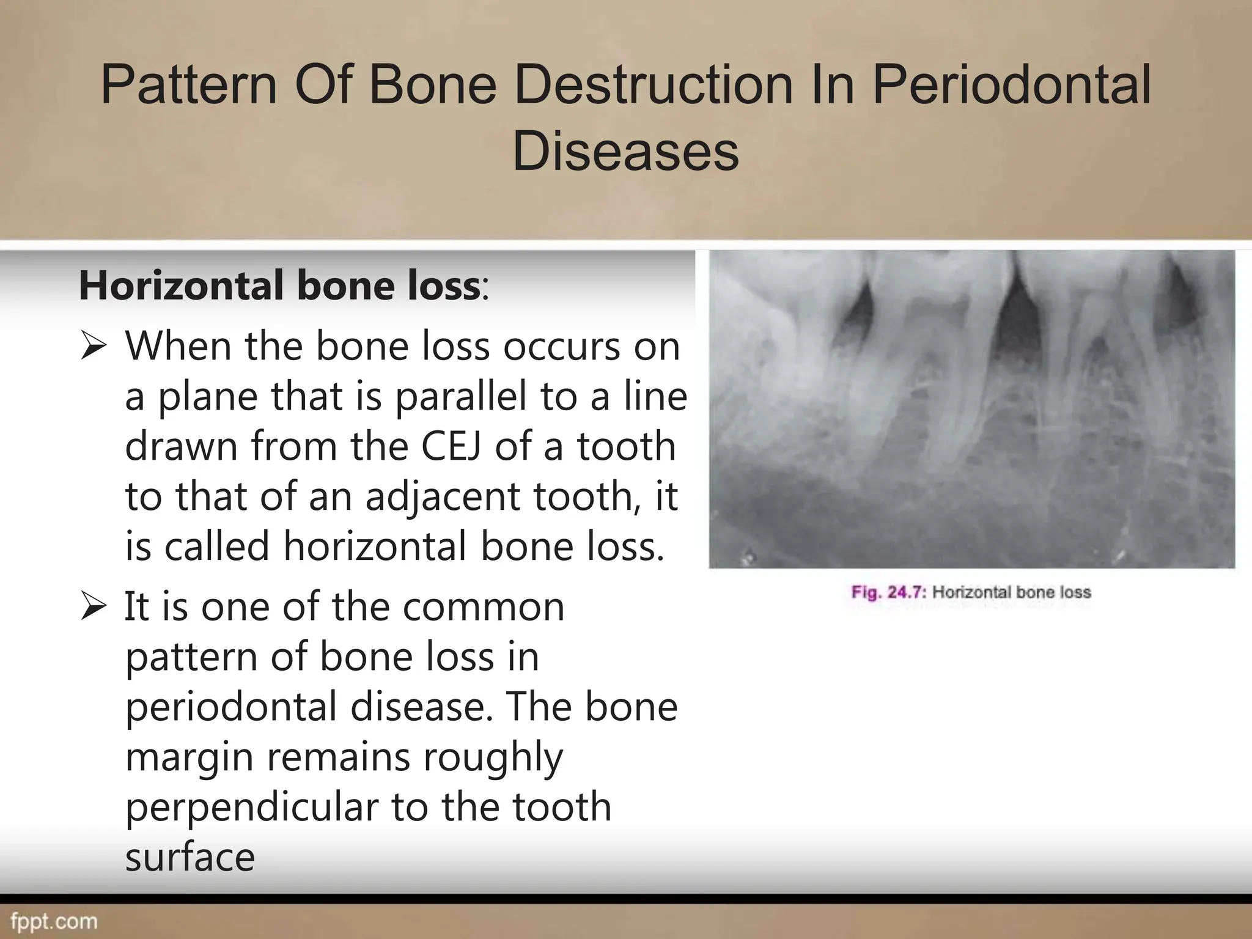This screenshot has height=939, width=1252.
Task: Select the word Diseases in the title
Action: tap(625, 151)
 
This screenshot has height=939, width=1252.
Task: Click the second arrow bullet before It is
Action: tap(94, 608)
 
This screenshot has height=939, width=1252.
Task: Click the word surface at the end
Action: tap(190, 856)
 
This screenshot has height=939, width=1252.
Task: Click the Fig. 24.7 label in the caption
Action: tap(889, 592)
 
